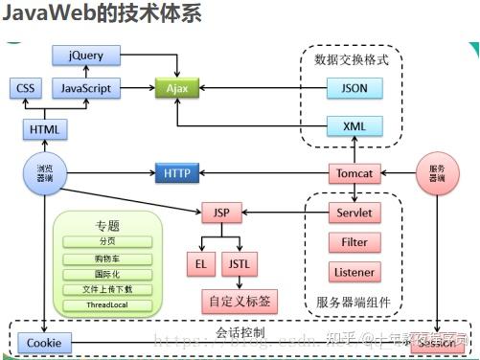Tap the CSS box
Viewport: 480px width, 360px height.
[25, 89]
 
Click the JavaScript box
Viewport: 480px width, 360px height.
[86, 89]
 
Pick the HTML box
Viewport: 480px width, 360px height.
[43, 128]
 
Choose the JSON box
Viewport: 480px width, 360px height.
[354, 89]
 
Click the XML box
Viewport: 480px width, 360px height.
[354, 126]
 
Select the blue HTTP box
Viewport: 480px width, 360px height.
[177, 173]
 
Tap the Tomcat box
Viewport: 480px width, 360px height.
[354, 173]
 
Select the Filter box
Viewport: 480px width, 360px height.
[354, 242]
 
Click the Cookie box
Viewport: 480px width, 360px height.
[43, 342]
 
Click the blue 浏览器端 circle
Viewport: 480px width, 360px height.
[43, 173]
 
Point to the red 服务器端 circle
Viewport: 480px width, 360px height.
[436, 173]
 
